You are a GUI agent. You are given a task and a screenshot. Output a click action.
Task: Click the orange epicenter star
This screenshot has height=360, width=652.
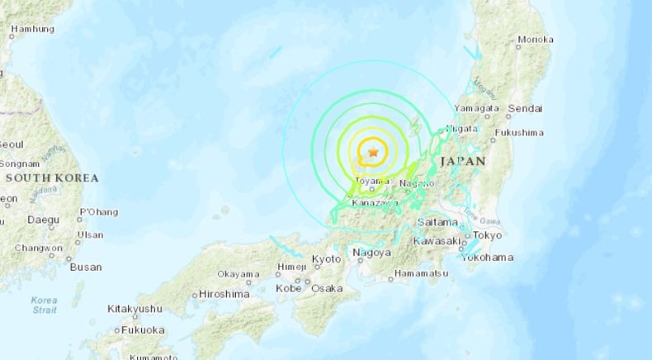[x=374, y=152]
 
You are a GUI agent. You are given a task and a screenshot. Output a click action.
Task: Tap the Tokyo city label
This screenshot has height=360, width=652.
[x=488, y=235]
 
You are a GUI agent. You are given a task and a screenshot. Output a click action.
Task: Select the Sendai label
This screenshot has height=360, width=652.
[x=525, y=108]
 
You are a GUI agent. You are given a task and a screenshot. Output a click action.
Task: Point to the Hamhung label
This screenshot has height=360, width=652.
[x=32, y=29]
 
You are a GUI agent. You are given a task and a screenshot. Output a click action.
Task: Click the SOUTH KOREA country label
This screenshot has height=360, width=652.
[x=51, y=178]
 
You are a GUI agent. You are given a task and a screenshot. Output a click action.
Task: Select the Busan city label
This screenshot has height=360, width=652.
[x=86, y=267]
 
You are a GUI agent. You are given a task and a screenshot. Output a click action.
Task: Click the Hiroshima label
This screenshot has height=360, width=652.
[x=224, y=294]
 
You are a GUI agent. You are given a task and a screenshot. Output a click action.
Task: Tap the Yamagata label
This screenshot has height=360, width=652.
[x=477, y=108]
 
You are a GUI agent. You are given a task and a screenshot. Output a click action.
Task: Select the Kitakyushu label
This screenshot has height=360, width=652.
[x=135, y=309]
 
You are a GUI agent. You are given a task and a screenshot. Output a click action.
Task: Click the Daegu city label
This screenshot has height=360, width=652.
[x=43, y=220]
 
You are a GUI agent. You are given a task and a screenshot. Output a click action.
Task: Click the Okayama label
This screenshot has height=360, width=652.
[x=239, y=274]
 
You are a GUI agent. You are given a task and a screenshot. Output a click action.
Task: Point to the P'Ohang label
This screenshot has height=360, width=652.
[x=98, y=212]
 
